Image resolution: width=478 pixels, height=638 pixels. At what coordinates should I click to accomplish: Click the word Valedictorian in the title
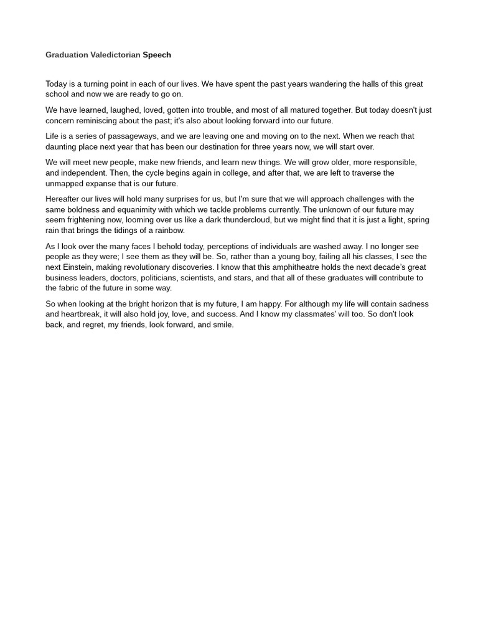tap(115, 55)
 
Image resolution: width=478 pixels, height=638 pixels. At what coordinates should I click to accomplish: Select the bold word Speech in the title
tap(157, 55)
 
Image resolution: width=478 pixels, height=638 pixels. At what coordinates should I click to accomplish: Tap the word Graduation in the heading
tap(67, 55)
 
